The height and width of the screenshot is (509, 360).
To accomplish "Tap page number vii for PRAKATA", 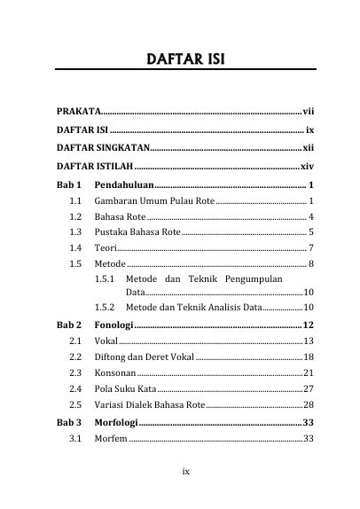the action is coord(309,112).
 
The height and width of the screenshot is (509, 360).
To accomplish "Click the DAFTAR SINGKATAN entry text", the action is coord(104,147).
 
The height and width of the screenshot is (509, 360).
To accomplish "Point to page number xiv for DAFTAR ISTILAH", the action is coord(307,166).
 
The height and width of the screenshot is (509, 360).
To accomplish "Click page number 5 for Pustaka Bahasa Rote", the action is coord(311,231).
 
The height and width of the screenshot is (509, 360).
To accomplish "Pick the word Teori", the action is coord(105,247).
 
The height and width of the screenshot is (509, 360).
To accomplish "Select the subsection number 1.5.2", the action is coord(106,307).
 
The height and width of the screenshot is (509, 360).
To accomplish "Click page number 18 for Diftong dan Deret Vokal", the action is coord(309,356).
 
